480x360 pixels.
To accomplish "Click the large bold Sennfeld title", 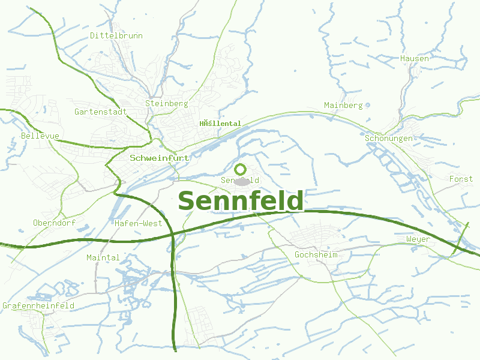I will [x=241, y=201].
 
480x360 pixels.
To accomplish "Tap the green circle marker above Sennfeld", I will [x=241, y=169].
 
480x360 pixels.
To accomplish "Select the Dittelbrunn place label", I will [x=116, y=36].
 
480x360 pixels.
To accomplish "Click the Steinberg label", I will [x=167, y=104].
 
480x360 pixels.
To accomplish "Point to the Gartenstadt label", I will [x=101, y=112].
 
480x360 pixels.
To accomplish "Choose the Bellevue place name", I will [x=40, y=136].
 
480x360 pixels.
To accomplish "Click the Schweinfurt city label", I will [x=160, y=158].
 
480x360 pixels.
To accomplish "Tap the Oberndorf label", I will [x=55, y=223].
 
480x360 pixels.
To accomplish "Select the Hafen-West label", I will [x=138, y=223].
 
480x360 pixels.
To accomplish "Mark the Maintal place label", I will [x=103, y=258].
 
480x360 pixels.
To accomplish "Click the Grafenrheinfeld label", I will [x=38, y=306].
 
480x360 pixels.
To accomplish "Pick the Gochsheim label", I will [x=316, y=255].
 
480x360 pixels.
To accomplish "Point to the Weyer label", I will [x=418, y=239].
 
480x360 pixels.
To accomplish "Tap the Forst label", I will [x=461, y=179].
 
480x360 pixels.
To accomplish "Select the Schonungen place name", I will [x=389, y=139].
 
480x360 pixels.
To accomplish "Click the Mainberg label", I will [x=343, y=106].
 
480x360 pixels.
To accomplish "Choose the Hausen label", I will [x=415, y=59].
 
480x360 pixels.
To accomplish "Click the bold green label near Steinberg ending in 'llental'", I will [x=220, y=124].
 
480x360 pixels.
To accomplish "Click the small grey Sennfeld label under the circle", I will [x=240, y=181].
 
